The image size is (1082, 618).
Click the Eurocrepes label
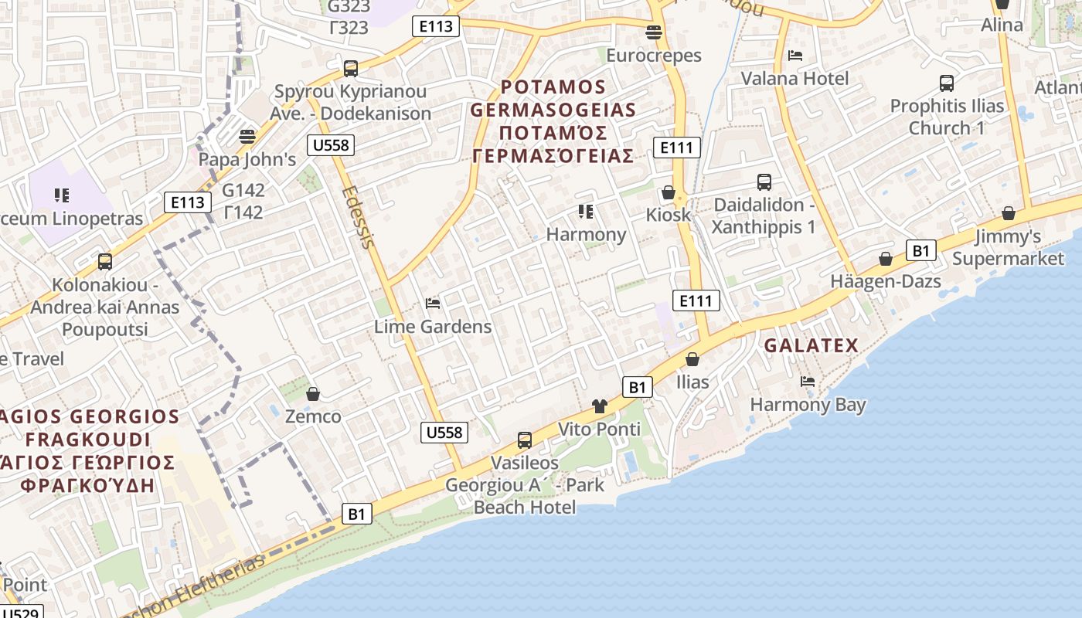click(653, 56)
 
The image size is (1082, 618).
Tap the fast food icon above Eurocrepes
click(653, 32)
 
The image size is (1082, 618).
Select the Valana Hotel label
click(794, 78)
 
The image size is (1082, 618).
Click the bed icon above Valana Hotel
click(794, 55)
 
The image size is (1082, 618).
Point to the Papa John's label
click(247, 160)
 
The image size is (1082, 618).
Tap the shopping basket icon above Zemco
click(313, 394)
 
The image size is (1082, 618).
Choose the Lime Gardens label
click(433, 327)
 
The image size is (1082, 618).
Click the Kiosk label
click(669, 215)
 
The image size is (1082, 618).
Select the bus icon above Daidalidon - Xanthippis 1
click(764, 182)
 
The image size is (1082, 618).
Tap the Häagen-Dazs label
click(886, 281)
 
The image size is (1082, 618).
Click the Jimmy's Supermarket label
click(1008, 247)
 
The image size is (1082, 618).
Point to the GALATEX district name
click(811, 346)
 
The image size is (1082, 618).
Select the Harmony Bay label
click(808, 405)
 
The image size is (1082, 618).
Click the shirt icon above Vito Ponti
click(599, 406)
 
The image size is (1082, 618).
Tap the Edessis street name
click(359, 217)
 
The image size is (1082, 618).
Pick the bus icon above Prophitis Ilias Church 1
click(946, 83)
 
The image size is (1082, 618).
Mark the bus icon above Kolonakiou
click(105, 262)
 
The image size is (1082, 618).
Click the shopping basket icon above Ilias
click(692, 359)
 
